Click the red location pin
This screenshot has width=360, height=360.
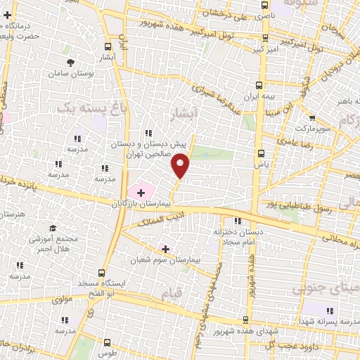coord(181,165)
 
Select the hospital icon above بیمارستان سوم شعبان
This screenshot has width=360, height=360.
coord(166,248)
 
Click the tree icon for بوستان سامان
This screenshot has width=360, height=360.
coord(70,63)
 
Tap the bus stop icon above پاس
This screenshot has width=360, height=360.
coord(261,153)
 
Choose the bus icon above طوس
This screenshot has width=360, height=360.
coord(106,342)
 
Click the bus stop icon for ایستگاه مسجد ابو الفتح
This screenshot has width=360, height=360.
coord(103,272)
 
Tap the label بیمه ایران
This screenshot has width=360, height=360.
coord(261,95)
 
